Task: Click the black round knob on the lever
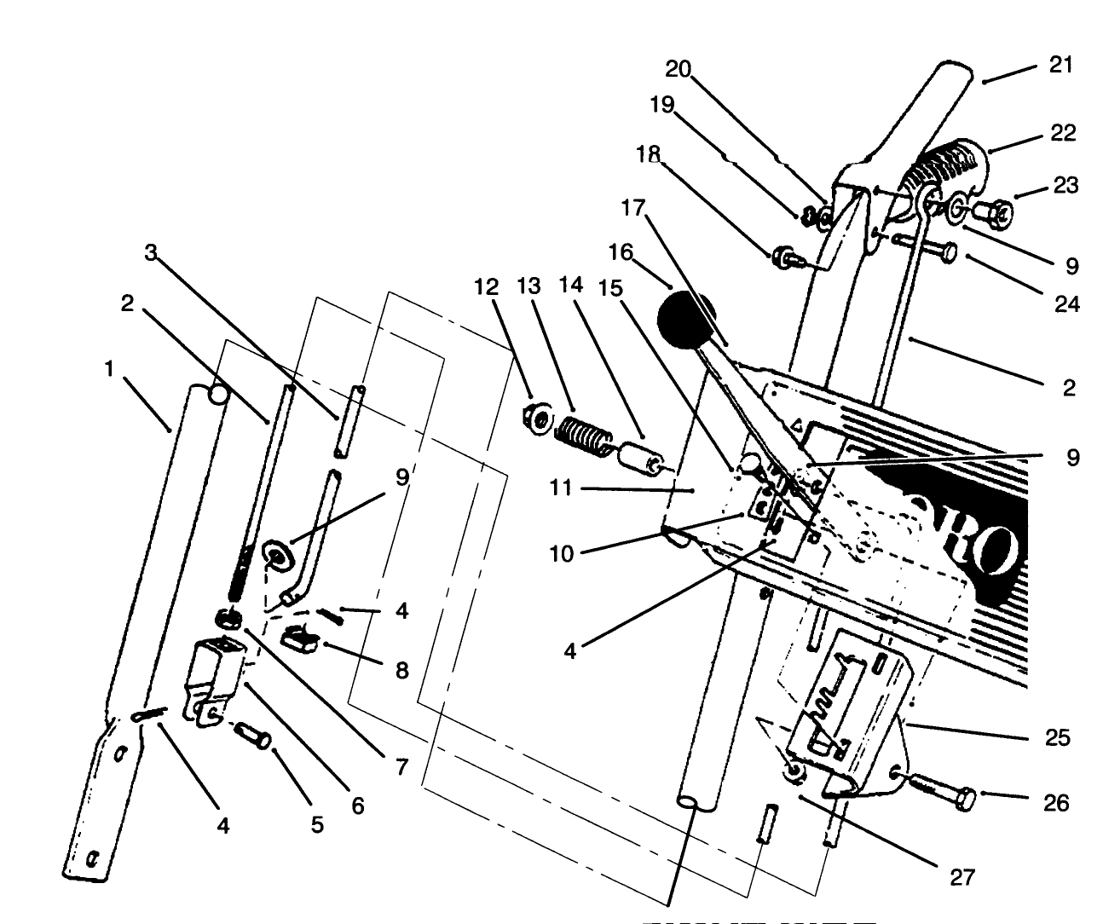click(685, 320)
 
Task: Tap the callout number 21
click(1060, 66)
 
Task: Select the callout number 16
click(621, 252)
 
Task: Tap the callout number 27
click(962, 877)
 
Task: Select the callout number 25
click(1057, 738)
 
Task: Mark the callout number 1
click(108, 368)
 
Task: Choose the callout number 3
click(151, 252)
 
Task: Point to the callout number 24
click(1065, 303)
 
